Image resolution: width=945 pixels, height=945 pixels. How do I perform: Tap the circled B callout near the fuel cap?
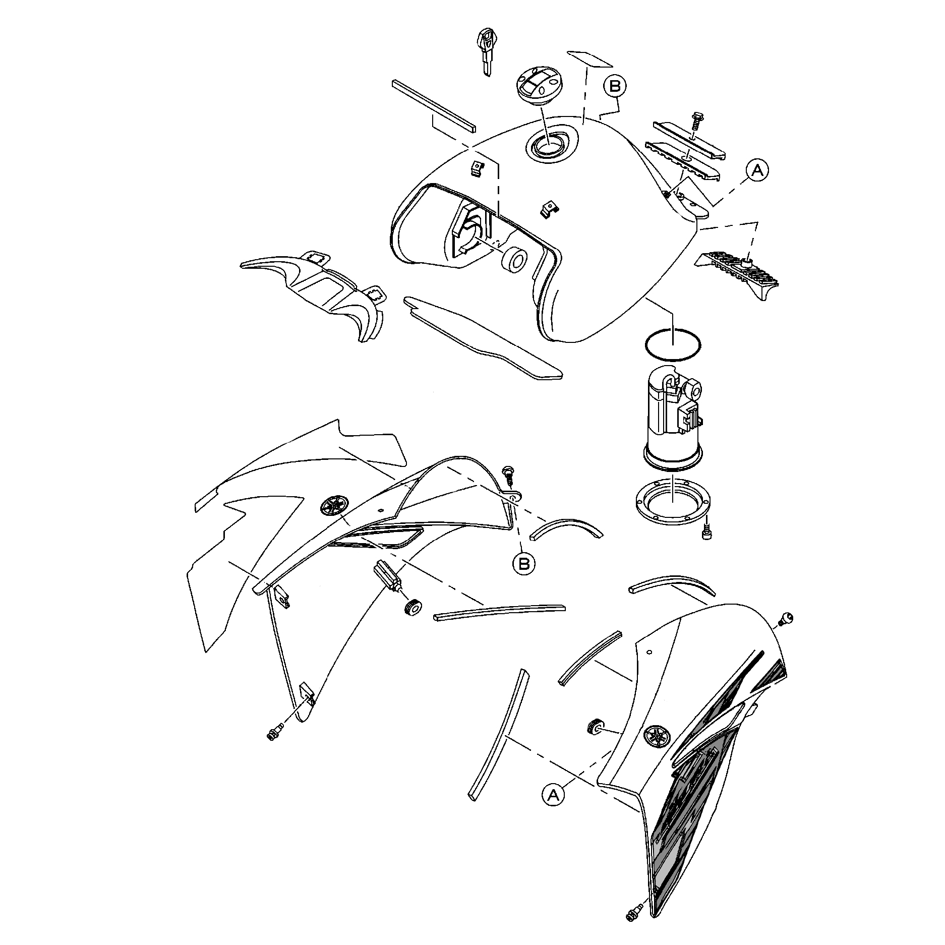tap(615, 86)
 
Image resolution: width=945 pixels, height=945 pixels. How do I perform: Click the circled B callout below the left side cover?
tap(524, 563)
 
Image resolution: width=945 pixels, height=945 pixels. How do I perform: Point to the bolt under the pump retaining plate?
tap(705, 533)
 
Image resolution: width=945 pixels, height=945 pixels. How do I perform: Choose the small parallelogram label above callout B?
tap(589, 58)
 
